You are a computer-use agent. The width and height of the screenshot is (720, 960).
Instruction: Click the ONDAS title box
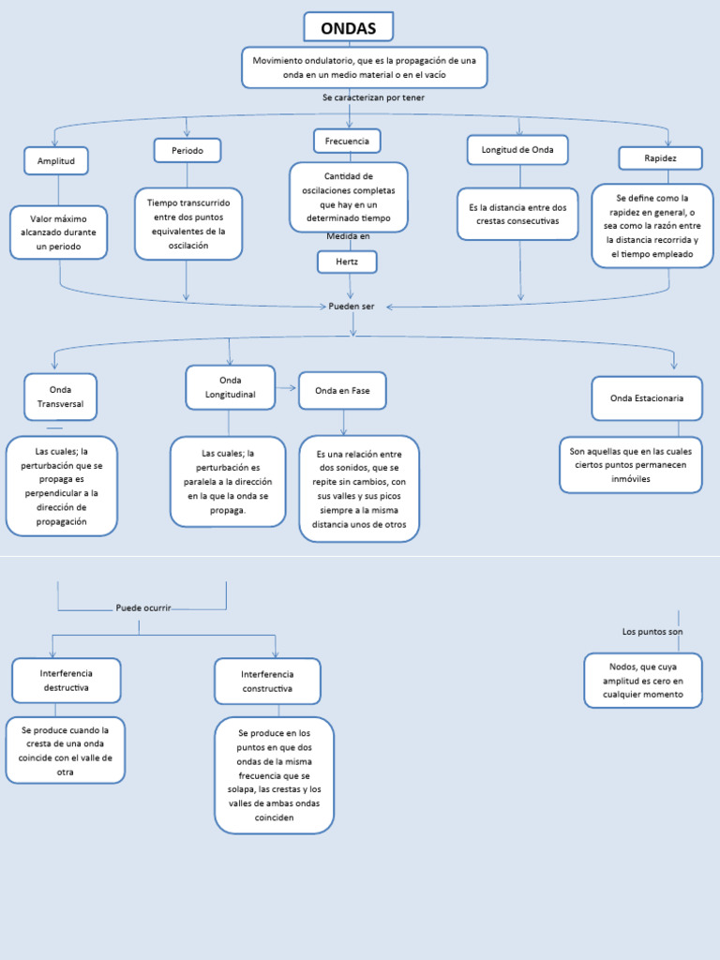[x=349, y=28]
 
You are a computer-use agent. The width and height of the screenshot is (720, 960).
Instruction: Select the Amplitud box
[x=56, y=160]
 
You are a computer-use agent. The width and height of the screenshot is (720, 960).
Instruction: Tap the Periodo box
[x=187, y=150]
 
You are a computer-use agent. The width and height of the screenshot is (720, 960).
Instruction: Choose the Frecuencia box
[x=347, y=141]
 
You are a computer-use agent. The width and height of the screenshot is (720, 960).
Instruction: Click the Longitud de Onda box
[x=517, y=150]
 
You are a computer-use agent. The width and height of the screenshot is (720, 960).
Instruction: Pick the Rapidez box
[x=660, y=157]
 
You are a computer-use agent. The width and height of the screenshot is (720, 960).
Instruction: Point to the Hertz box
[x=347, y=262]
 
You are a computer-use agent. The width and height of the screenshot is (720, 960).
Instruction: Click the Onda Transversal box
[x=60, y=396]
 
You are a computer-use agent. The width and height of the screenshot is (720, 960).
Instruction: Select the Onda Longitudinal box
[x=231, y=387]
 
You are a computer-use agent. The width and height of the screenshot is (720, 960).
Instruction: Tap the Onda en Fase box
[x=342, y=390]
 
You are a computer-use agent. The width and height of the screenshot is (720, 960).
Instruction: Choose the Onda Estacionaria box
[x=647, y=397]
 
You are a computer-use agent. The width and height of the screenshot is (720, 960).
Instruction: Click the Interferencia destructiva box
[x=67, y=681]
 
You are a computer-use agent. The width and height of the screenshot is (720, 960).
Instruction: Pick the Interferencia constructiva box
[x=267, y=681]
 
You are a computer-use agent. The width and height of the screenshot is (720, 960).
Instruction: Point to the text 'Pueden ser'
[x=352, y=306]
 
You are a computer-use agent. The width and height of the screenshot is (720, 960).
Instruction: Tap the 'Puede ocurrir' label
[x=143, y=607]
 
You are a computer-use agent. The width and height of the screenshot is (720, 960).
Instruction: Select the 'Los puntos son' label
[x=652, y=632]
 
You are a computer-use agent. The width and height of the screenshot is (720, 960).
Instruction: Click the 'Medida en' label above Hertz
[x=348, y=235]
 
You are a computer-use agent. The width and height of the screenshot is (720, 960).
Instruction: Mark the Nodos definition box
[x=643, y=681]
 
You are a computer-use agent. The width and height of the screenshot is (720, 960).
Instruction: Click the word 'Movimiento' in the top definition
[x=278, y=60]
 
